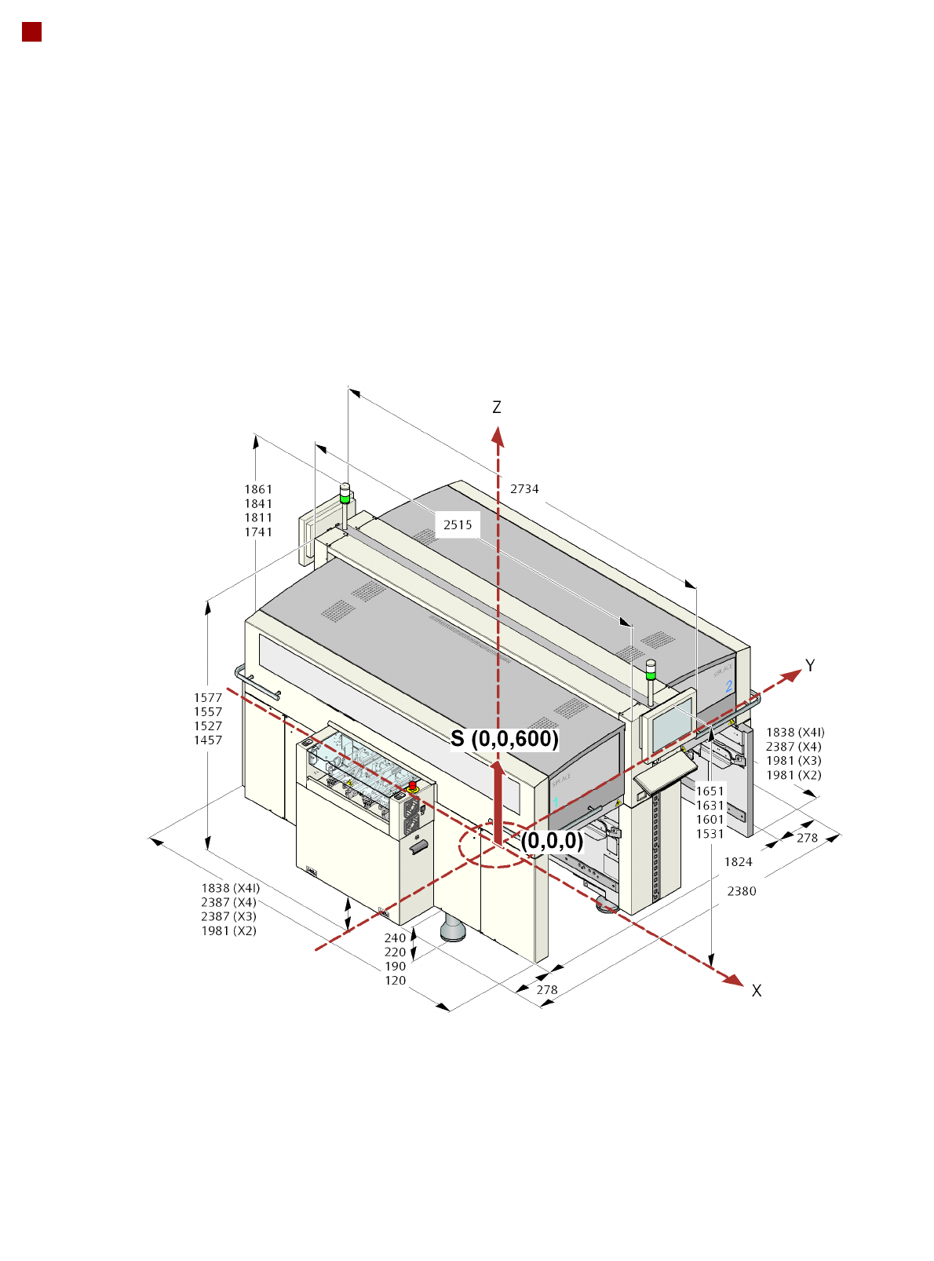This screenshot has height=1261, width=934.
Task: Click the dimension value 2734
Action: point(524,488)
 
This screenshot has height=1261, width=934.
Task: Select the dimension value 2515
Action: point(458,525)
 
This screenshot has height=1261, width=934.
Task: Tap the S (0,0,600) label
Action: point(505,739)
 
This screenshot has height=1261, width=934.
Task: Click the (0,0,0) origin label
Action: point(552,841)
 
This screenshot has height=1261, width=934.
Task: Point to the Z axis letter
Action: point(496,407)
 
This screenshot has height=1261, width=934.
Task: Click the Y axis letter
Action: point(810,666)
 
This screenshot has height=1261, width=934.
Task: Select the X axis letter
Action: point(756,991)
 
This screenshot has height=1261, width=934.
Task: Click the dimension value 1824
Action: point(738,861)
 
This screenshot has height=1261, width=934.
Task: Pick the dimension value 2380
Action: point(742,890)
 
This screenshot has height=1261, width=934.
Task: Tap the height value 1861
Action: point(258,489)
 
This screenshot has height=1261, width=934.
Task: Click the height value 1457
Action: point(208,740)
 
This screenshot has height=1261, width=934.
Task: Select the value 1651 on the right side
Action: point(710,791)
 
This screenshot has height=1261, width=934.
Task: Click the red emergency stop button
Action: point(412,785)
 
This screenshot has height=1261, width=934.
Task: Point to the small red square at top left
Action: point(31,31)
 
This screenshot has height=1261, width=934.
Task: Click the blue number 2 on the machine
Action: point(728,686)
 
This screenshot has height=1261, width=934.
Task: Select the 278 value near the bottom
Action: point(547,989)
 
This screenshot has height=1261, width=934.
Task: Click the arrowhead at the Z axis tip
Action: point(497,434)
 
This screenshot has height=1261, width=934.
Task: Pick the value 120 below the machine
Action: point(396,980)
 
